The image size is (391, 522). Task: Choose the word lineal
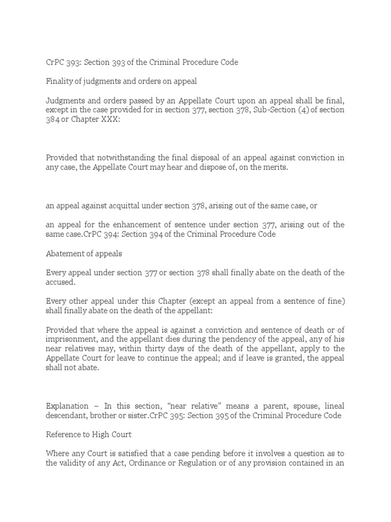point(331,406)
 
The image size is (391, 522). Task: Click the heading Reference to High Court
point(87,434)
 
